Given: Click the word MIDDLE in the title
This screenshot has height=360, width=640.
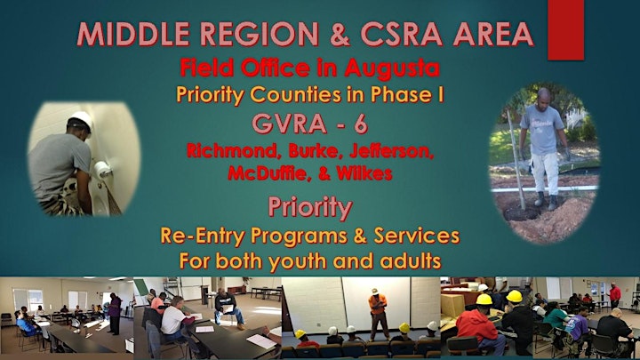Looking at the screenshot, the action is pyautogui.click(x=133, y=34).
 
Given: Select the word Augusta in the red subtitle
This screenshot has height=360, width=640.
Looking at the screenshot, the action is pyautogui.click(x=392, y=68).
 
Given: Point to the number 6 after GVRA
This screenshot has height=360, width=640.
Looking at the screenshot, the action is pyautogui.click(x=361, y=124).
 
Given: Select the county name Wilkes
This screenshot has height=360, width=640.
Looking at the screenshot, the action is pyautogui.click(x=364, y=173).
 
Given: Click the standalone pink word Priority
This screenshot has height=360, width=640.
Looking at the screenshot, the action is pyautogui.click(x=310, y=207).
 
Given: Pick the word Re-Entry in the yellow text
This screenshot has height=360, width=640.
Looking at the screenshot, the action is pyautogui.click(x=202, y=236).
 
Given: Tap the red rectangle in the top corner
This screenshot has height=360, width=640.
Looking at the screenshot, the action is pyautogui.click(x=565, y=30).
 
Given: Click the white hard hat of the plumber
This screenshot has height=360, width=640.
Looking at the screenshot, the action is pyautogui.click(x=81, y=119).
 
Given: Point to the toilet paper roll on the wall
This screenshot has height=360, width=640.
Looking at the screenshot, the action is pyautogui.click(x=100, y=169).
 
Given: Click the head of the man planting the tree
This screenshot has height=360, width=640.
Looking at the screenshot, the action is pyautogui.click(x=543, y=96).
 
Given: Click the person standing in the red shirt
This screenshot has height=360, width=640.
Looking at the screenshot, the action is pyautogui.click(x=614, y=295).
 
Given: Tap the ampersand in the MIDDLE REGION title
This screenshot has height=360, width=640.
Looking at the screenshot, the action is pyautogui.click(x=340, y=35).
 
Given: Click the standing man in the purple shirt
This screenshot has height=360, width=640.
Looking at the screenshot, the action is pyautogui.click(x=114, y=312).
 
